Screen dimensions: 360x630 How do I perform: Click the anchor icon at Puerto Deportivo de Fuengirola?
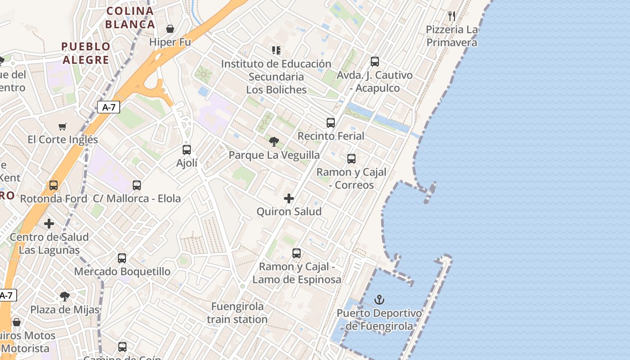click(379, 300)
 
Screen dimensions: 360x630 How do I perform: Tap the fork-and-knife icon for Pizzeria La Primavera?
click(452, 16)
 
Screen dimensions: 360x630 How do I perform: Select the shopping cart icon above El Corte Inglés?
click(63, 127)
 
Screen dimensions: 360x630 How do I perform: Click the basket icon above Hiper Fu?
click(170, 29)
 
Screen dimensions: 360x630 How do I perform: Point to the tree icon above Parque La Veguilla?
click(274, 142)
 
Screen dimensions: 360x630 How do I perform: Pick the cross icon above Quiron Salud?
click(289, 198)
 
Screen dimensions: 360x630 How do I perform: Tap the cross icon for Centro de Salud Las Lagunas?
click(49, 224)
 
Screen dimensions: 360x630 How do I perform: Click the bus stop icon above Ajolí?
click(187, 150)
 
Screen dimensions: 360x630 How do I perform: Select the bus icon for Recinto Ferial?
click(331, 123)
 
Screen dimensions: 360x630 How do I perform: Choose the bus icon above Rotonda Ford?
click(54, 185)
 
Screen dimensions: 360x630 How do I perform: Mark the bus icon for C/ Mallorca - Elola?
click(137, 185)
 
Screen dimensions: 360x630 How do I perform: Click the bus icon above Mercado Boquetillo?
click(122, 258)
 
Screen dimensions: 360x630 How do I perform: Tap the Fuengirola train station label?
click(238, 313)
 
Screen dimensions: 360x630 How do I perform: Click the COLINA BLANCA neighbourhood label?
click(130, 18)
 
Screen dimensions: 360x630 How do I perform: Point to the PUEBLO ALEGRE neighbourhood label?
click(86, 53)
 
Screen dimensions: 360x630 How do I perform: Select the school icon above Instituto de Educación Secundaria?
click(276, 50)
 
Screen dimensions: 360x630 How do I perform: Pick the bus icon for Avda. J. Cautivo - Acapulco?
click(375, 62)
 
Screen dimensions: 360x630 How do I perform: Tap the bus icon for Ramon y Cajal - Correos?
click(351, 159)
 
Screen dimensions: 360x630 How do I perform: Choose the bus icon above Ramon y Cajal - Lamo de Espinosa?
click(297, 253)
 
